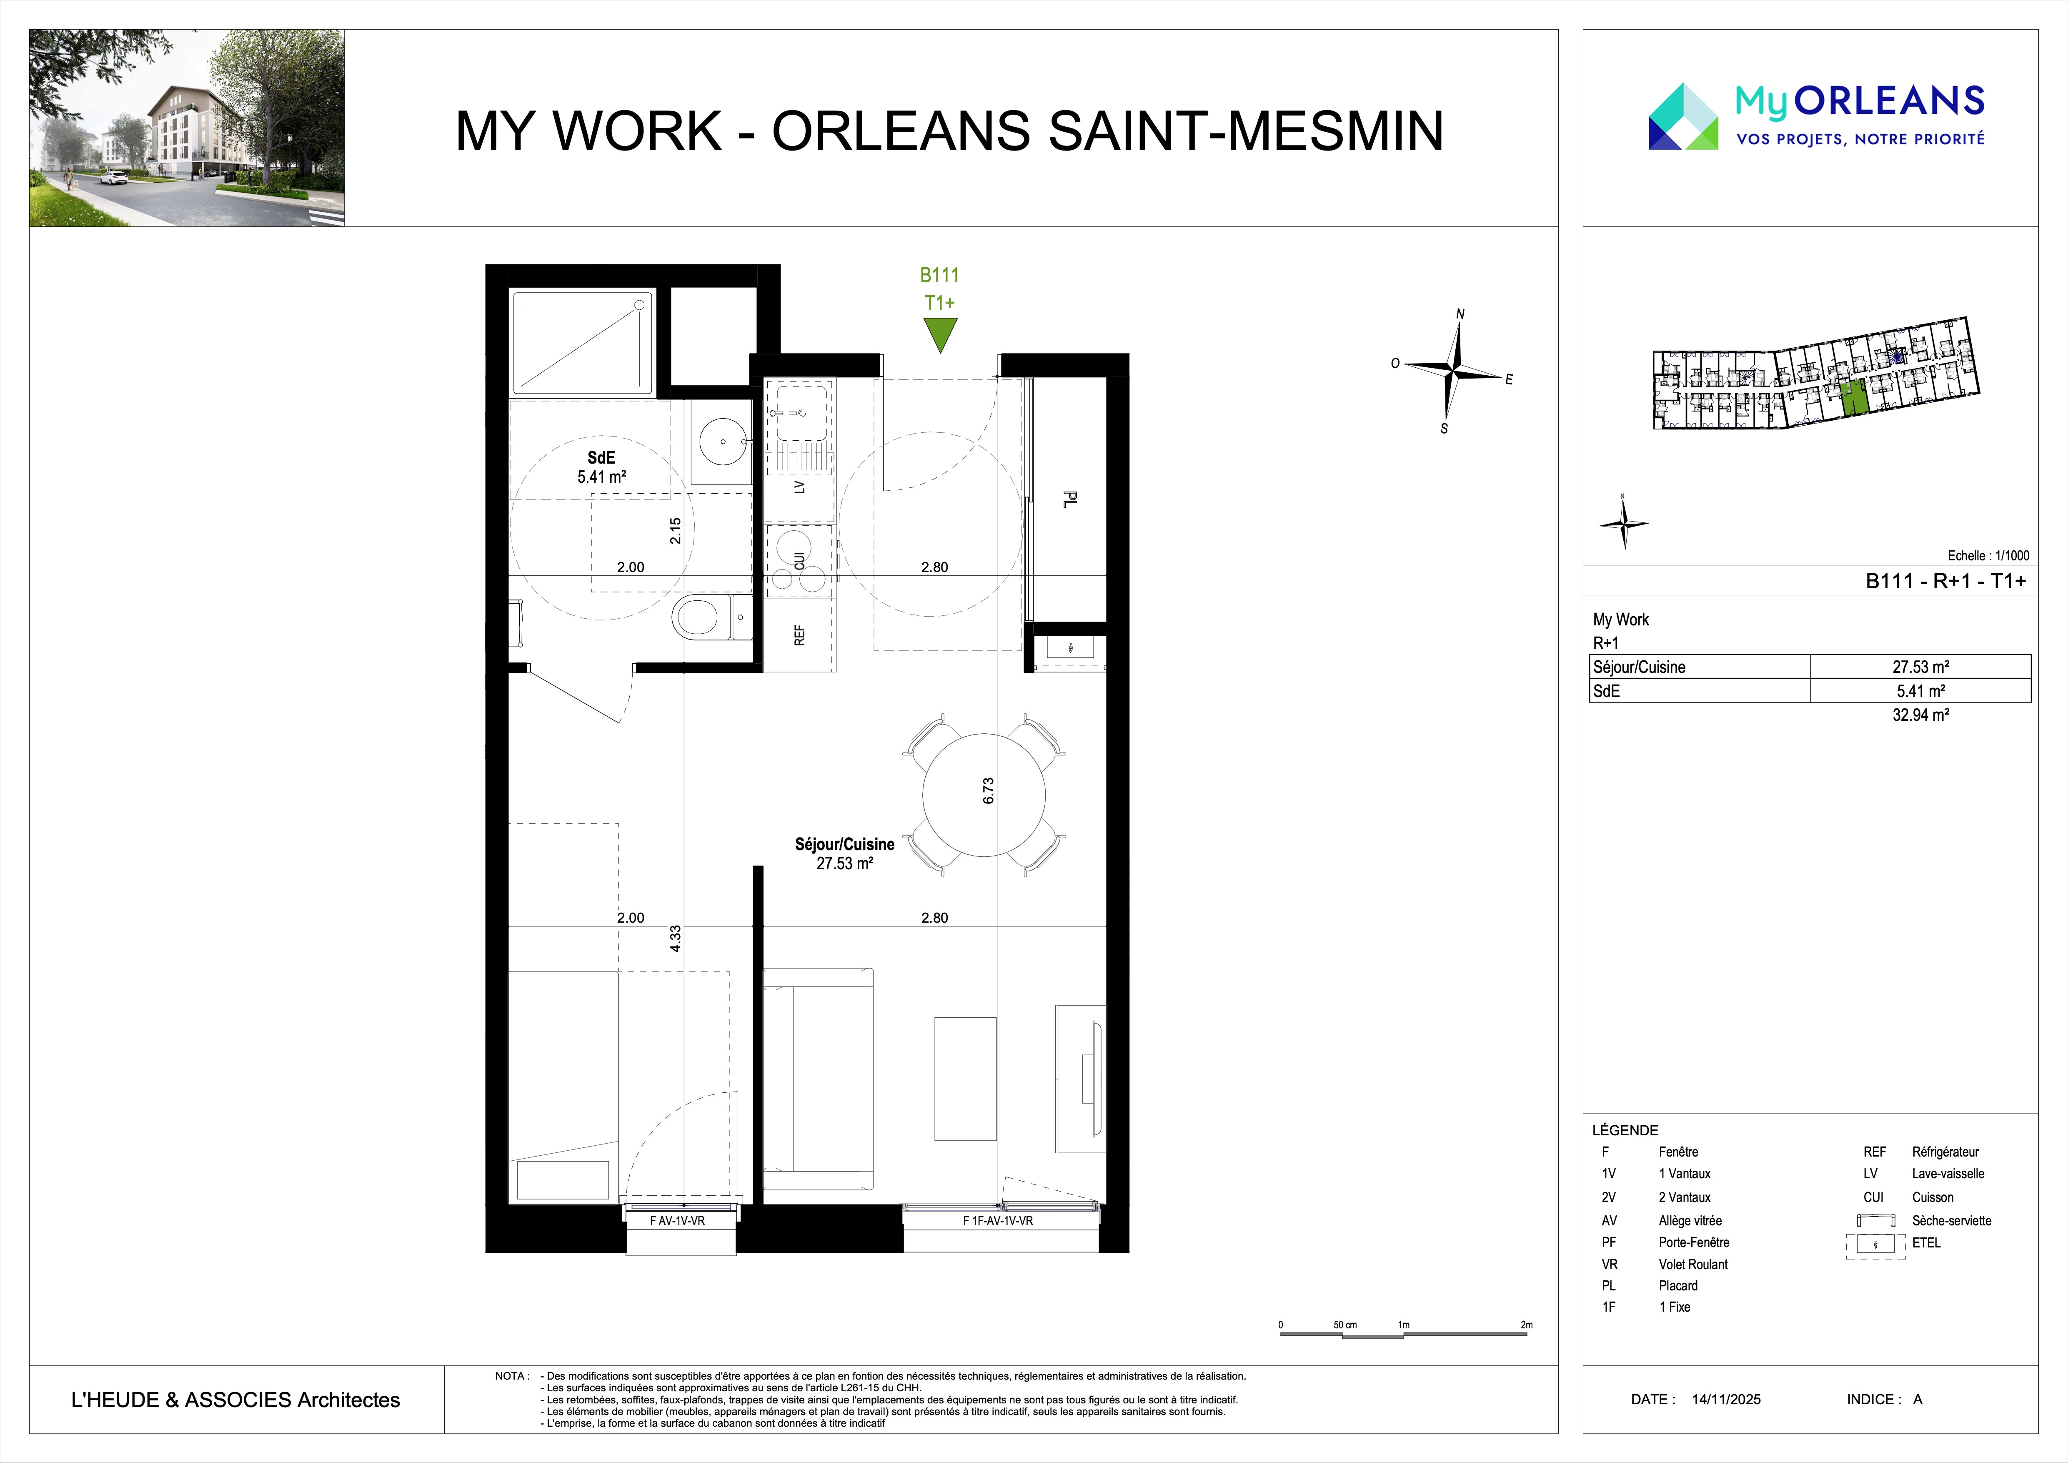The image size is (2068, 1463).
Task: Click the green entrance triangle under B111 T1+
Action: coord(939,332)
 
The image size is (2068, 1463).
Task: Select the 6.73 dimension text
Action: coord(988,791)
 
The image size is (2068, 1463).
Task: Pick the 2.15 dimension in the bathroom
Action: coord(676,531)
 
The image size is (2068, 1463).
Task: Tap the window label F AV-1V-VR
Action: coord(677,1221)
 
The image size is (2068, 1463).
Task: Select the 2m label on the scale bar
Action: coord(1526,1325)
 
